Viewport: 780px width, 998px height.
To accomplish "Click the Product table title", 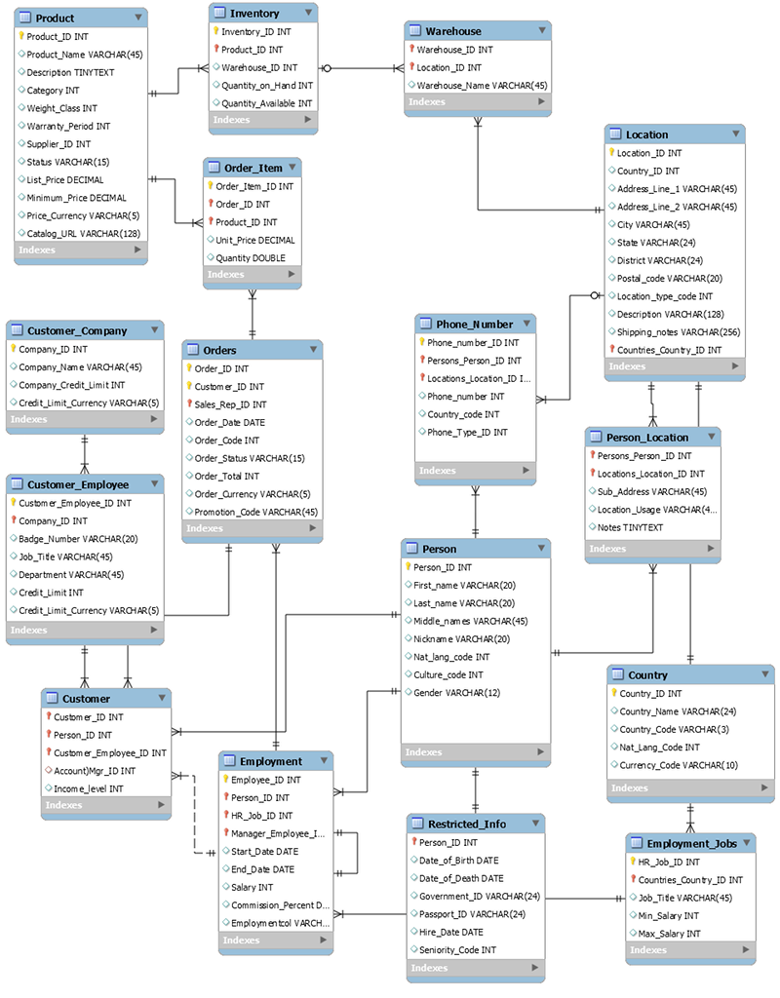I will pos(55,19).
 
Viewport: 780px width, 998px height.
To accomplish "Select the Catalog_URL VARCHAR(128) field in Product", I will pos(83,233).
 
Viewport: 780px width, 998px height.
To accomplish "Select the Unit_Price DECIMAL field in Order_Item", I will pos(253,241).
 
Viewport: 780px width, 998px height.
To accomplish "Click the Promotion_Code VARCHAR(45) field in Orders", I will pos(255,512).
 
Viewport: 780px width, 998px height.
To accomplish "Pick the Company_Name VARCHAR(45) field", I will pos(80,367).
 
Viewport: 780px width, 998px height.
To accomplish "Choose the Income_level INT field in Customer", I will pos(89,788).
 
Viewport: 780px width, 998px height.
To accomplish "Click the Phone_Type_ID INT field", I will pos(467,433).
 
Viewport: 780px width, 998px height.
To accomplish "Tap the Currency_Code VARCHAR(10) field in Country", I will pos(679,765).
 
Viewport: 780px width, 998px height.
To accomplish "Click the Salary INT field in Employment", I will pos(252,887).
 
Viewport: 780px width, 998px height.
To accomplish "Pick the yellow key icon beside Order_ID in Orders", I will pos(190,368).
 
